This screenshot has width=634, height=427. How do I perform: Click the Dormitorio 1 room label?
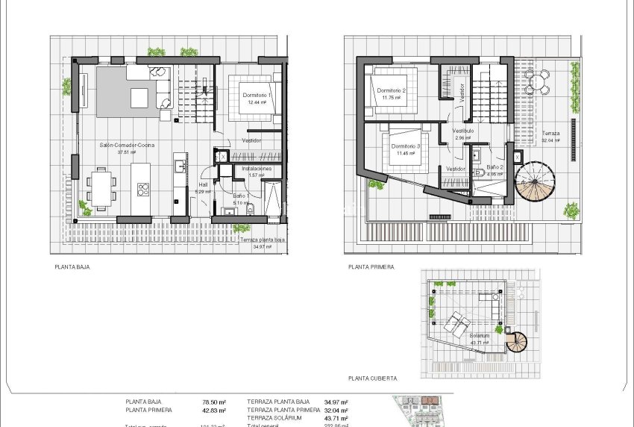(257, 96)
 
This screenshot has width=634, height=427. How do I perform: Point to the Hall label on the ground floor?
(203, 184)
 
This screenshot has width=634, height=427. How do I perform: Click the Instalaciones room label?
(257, 169)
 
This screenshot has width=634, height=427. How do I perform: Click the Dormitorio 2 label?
(392, 90)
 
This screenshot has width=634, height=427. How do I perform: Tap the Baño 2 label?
(496, 167)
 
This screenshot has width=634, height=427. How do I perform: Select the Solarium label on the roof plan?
(480, 336)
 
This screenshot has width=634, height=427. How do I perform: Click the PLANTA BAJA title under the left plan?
(72, 266)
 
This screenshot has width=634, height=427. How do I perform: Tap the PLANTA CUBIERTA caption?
(372, 378)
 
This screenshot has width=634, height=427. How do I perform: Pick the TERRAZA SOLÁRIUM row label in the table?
(277, 417)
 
